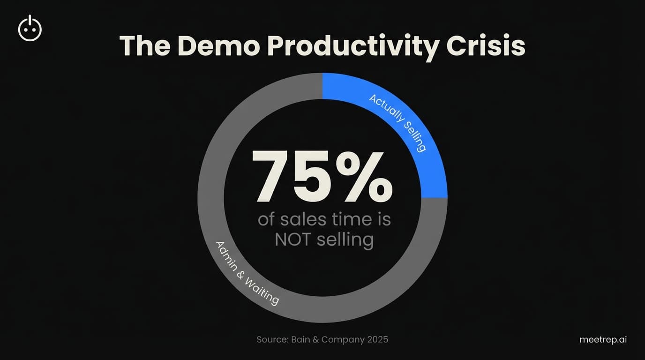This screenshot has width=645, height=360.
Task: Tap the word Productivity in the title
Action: tap(357, 47)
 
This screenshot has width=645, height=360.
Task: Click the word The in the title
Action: tap(143, 46)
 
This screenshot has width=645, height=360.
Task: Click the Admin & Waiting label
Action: tap(247, 273)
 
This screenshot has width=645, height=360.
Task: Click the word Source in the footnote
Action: tap(271, 339)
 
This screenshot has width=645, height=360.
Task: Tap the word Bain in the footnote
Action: tap(301, 339)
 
